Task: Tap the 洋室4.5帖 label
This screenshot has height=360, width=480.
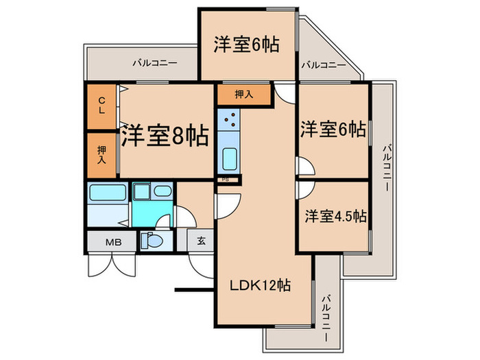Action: tap(335, 215)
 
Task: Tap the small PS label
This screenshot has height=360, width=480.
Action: tap(227, 180)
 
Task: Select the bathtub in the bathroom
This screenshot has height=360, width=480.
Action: tap(106, 193)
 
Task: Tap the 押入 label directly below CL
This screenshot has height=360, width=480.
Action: tap(101, 154)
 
